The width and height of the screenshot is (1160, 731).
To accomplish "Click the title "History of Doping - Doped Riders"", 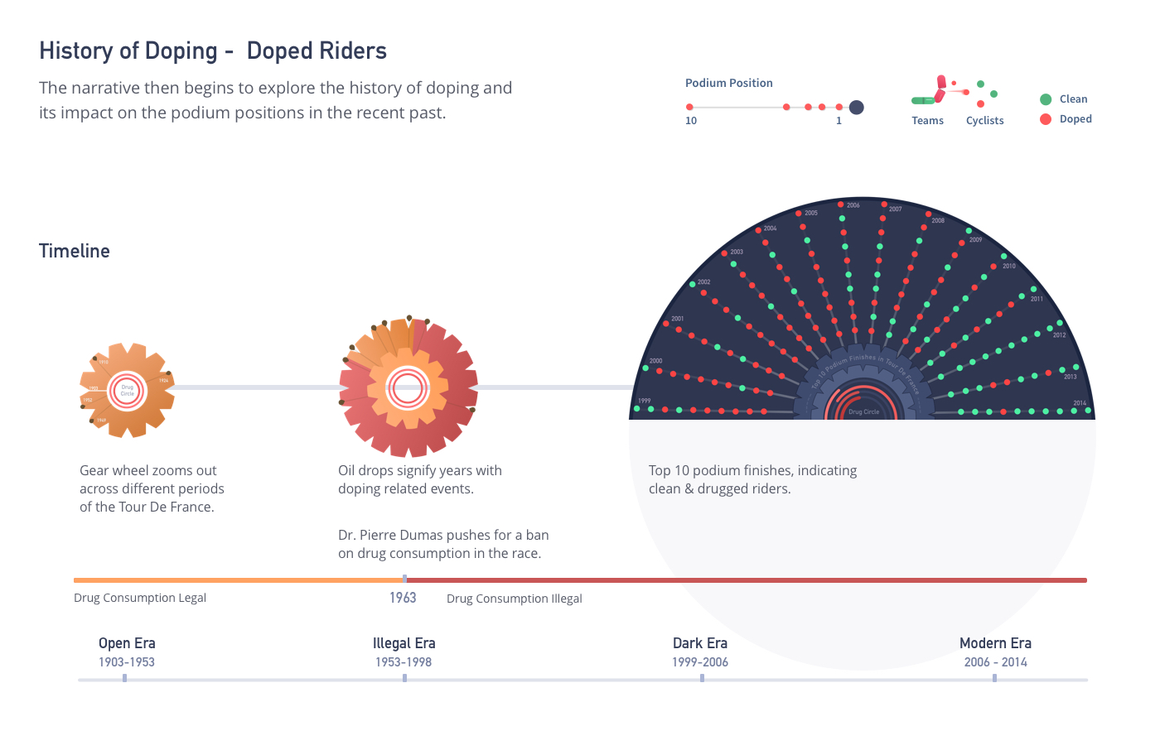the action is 213,51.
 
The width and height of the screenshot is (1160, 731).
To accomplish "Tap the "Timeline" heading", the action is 75,252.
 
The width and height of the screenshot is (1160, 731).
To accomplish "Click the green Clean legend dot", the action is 1046,99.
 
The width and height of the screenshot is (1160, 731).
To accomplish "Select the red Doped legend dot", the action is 1046,119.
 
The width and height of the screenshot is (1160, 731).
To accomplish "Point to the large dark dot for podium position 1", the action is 857,107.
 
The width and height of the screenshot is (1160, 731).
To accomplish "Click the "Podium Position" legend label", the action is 728,83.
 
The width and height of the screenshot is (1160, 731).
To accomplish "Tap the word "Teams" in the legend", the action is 927,121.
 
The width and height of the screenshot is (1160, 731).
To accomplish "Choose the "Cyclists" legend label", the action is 984,121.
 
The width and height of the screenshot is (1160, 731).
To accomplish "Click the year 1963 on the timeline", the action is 403,598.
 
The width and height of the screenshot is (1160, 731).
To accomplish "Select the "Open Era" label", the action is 127,643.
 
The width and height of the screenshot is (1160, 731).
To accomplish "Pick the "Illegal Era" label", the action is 404,643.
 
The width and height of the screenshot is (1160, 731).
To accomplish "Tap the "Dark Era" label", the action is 700,643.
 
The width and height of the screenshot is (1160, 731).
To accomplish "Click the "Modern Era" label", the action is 995,643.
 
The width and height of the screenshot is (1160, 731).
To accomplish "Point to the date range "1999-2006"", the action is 700,662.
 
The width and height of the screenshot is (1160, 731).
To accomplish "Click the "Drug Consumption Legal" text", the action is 140,598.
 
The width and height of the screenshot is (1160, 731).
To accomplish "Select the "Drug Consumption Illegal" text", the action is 514,599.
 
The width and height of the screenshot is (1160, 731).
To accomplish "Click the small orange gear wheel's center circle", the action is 127,390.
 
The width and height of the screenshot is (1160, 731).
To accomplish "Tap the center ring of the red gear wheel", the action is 408,387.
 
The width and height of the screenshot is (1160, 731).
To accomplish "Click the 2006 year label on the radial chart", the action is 853,205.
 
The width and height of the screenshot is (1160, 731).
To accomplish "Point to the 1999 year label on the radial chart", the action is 644,401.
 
